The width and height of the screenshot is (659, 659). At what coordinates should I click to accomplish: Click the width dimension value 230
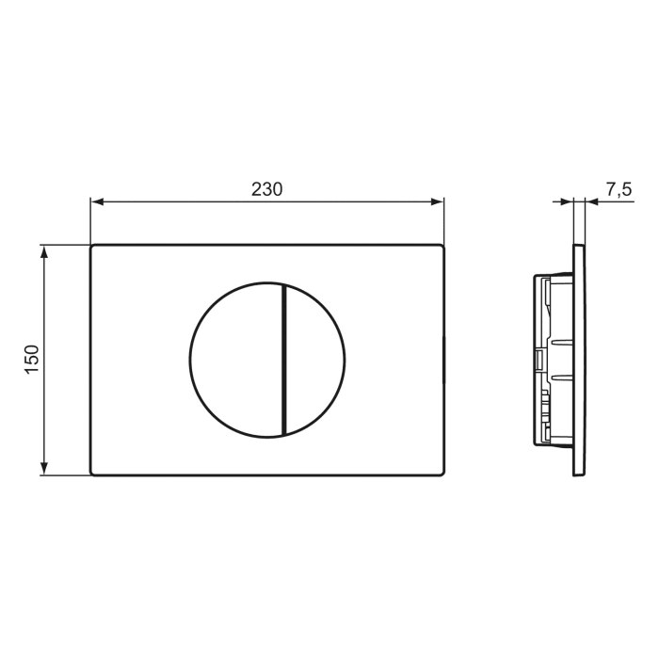click(x=266, y=188)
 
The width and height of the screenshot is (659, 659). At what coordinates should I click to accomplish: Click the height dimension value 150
click(x=31, y=360)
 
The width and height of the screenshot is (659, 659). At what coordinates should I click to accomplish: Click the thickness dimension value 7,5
click(x=618, y=189)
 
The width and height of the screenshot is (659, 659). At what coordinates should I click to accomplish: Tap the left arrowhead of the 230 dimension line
click(x=96, y=201)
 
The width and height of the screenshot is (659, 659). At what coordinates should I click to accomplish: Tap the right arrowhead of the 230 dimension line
click(x=437, y=201)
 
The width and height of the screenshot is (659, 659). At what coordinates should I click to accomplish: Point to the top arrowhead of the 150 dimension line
click(x=43, y=250)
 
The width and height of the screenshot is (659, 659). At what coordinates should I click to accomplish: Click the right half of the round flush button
click(x=314, y=360)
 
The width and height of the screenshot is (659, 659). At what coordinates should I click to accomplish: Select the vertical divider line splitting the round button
click(x=281, y=360)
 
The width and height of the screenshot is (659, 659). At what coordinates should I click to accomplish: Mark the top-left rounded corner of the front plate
click(x=93, y=248)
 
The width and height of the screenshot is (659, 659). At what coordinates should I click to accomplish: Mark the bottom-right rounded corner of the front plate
click(x=441, y=473)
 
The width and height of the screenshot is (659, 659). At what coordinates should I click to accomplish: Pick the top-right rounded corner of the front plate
click(x=441, y=248)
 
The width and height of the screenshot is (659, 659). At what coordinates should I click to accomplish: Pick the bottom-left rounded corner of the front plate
click(x=93, y=473)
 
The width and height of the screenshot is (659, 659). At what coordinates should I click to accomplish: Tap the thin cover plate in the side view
click(x=578, y=360)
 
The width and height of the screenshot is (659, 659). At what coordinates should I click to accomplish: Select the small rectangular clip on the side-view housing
click(x=538, y=360)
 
